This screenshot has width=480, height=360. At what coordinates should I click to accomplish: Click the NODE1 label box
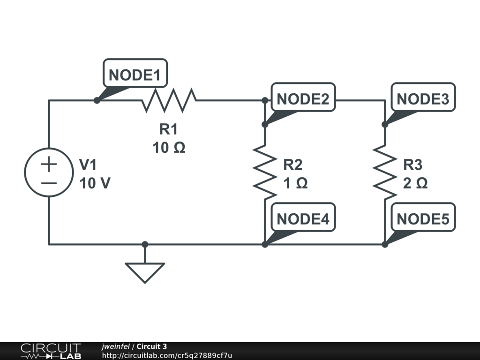135,73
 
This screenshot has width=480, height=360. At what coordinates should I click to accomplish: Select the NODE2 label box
303,97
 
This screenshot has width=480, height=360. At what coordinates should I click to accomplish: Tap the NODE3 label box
423,97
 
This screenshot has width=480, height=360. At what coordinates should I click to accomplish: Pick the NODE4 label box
303,217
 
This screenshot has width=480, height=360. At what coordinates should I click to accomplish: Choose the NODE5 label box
423,217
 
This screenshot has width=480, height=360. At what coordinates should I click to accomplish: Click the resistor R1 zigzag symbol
169,100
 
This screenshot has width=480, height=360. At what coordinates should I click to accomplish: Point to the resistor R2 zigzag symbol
265,172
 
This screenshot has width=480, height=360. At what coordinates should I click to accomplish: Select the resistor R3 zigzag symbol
385,172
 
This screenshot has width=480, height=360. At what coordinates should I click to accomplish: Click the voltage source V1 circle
49,172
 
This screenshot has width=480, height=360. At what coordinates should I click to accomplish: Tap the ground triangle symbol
145,272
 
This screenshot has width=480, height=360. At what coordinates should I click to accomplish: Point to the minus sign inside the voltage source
49,183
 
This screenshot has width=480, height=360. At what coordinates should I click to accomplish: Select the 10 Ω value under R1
169,148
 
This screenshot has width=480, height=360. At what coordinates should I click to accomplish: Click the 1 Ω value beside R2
295,183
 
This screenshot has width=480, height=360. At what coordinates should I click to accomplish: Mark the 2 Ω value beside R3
415,183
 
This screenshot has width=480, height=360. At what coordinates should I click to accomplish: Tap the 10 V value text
95,183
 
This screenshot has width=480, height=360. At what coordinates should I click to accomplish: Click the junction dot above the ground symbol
145,244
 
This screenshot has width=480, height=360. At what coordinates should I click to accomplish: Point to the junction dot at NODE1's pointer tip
97,100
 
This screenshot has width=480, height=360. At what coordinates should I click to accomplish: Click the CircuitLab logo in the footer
51,351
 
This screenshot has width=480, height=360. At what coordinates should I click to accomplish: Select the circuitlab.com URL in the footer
167,355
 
